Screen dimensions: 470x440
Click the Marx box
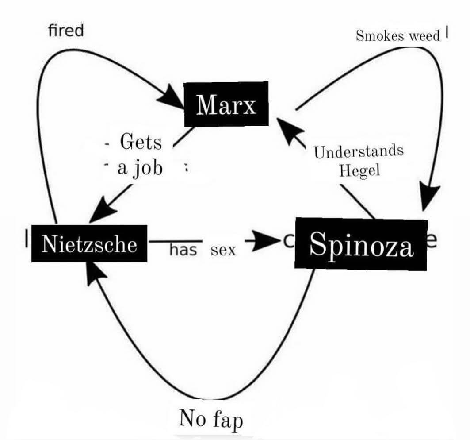(x=226, y=104)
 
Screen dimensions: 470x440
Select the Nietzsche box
(x=89, y=243)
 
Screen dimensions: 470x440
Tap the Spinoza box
(x=361, y=244)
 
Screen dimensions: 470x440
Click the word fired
(x=65, y=31)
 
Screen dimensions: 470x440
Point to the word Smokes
(x=380, y=36)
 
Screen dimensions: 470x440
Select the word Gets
(x=141, y=142)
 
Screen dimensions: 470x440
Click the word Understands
(x=359, y=151)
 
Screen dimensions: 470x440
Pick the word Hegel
(x=359, y=170)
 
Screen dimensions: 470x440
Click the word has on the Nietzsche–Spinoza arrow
(x=183, y=250)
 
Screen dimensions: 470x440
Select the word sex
(x=223, y=250)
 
